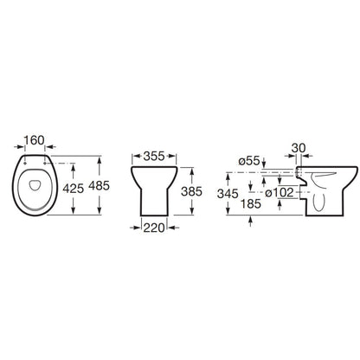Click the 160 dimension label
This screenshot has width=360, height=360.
[34, 140]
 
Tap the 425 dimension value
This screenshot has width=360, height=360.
[74, 189]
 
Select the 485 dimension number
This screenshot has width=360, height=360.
[99, 186]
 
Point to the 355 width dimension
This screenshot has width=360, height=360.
[154, 157]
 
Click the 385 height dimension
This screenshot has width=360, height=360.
[191, 191]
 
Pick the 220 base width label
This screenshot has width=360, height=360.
[154, 228]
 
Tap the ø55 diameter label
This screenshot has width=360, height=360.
[249, 161]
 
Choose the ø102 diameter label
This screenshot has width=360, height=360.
[280, 193]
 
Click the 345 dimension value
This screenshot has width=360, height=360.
[228, 194]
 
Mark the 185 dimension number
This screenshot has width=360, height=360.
[251, 204]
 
